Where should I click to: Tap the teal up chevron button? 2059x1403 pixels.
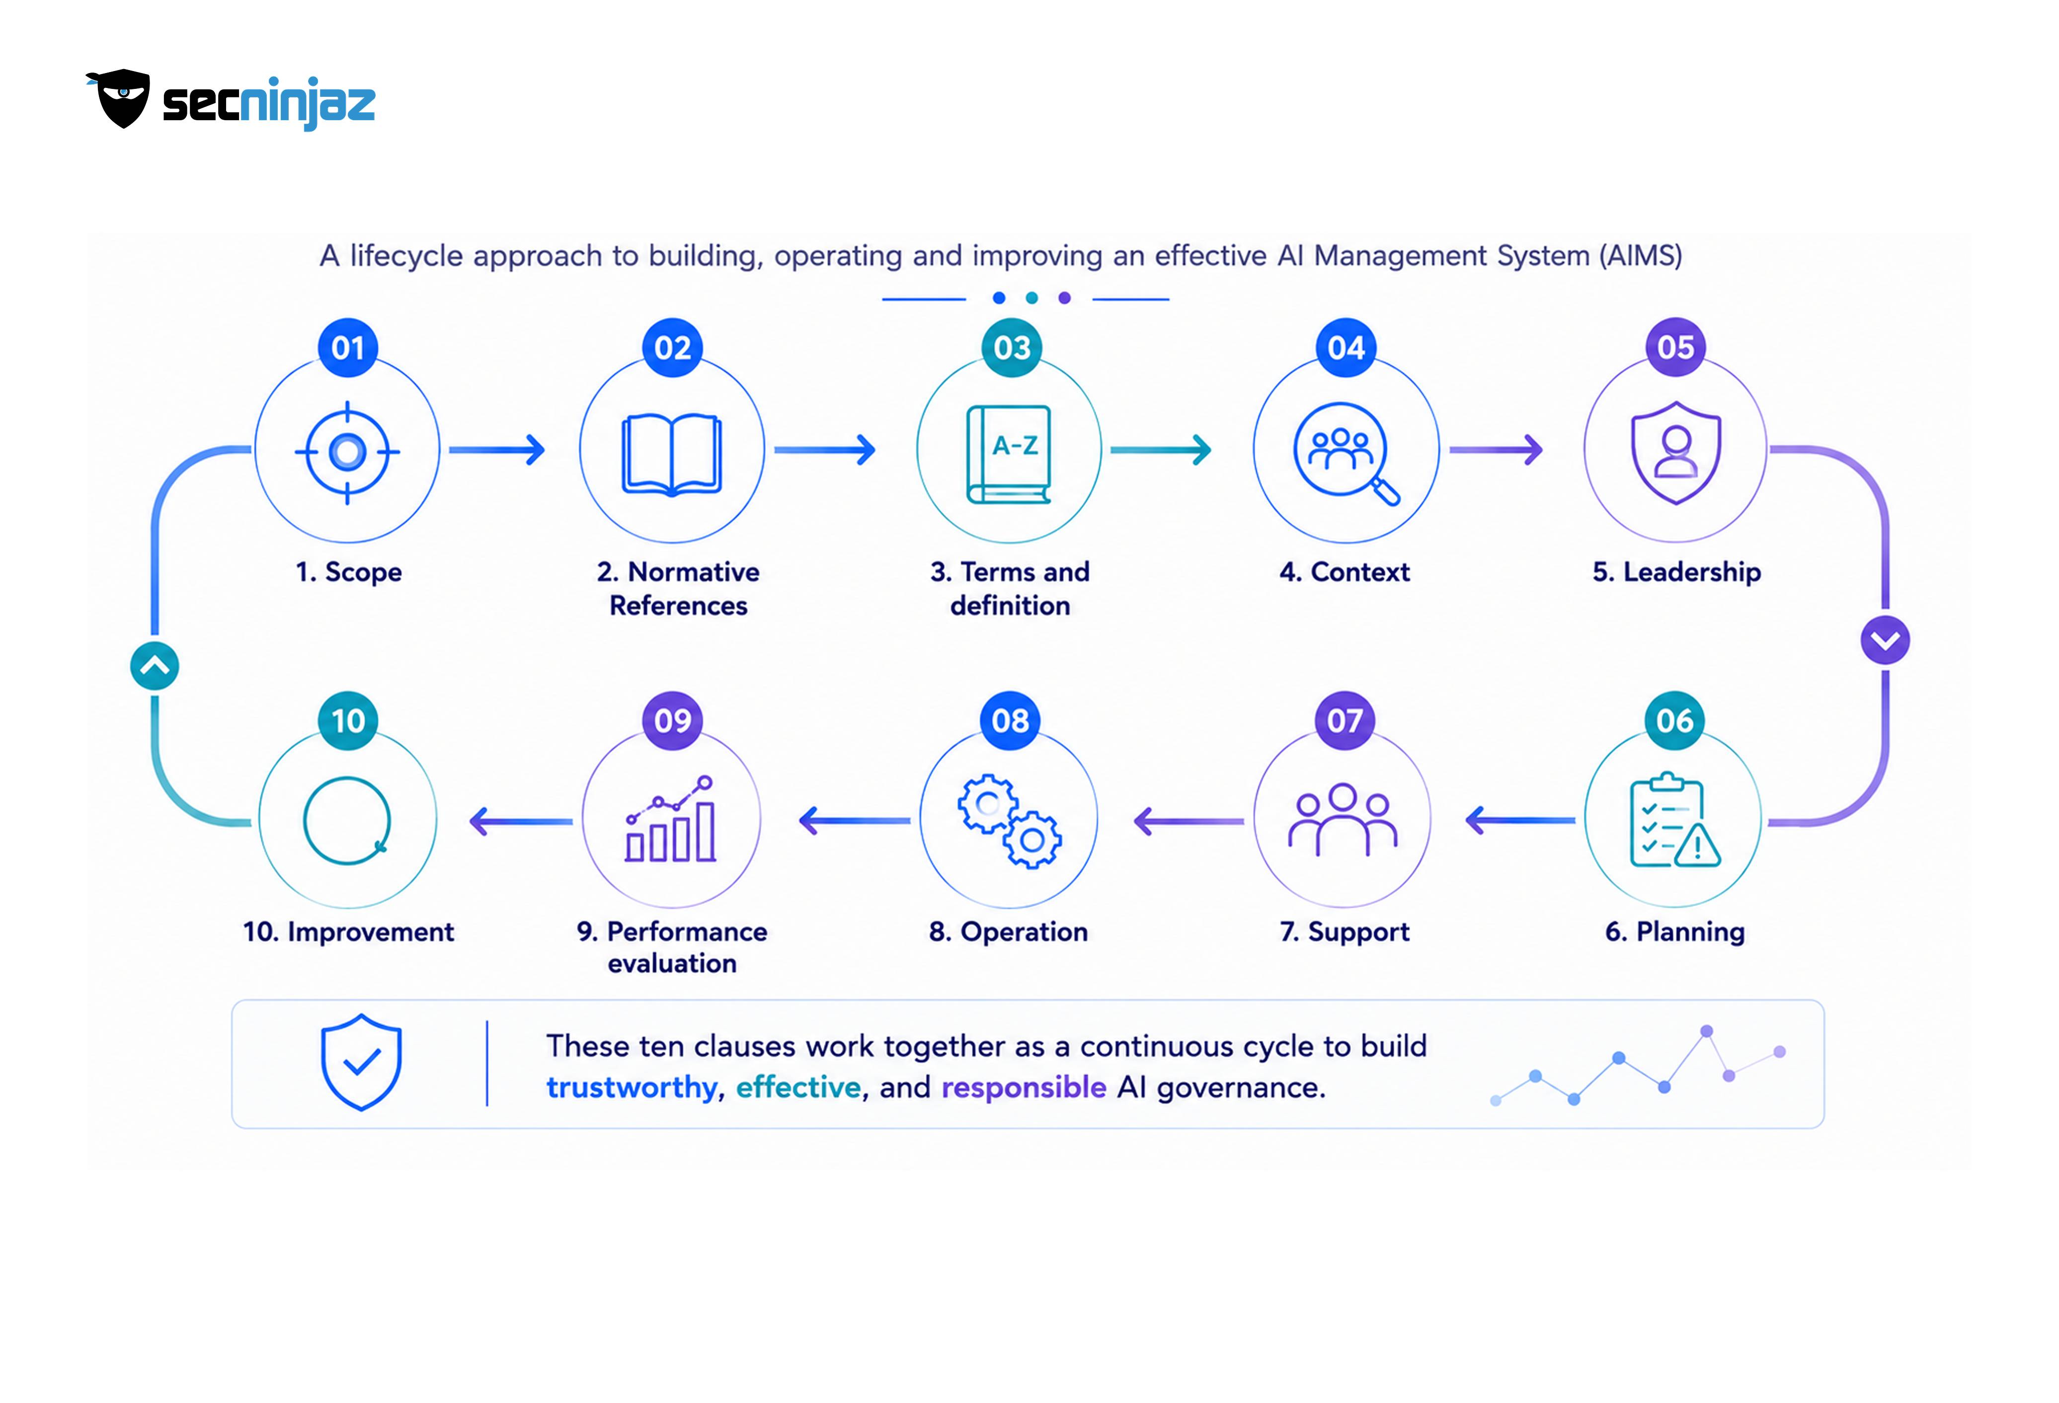click(x=155, y=666)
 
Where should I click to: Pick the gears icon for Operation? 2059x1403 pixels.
click(x=1009, y=821)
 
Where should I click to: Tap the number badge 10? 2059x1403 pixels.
click(x=348, y=720)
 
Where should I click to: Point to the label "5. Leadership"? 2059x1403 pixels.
click(x=1676, y=572)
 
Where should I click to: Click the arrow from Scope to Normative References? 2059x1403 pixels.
click(x=496, y=450)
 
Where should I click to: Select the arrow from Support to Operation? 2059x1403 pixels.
click(x=1188, y=821)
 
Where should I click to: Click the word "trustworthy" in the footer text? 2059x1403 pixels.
click(x=631, y=1088)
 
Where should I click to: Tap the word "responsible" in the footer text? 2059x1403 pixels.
click(x=1024, y=1088)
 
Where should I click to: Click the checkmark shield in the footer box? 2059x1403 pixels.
click(x=361, y=1062)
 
